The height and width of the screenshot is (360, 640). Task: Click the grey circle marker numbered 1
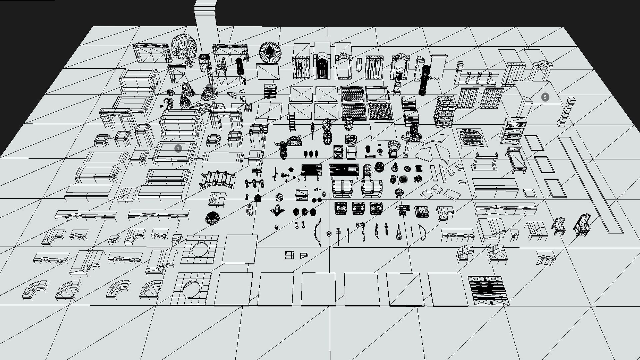pyautogui.click(x=178, y=148)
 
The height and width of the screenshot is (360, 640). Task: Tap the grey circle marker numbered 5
pyautogui.click(x=545, y=97)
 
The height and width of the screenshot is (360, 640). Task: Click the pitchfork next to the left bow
pyautogui.click(x=338, y=234)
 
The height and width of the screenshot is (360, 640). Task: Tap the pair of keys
pyautogui.click(x=300, y=226)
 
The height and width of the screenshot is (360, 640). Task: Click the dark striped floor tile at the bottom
pyautogui.click(x=488, y=291)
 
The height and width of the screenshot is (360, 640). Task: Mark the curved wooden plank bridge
pyautogui.click(x=218, y=179)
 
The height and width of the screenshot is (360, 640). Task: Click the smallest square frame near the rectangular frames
pyautogui.click(x=529, y=193)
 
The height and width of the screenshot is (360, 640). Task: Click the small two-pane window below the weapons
pyautogui.click(x=289, y=255)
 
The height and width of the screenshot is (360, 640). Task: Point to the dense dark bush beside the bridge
pyautogui.click(x=212, y=218)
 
